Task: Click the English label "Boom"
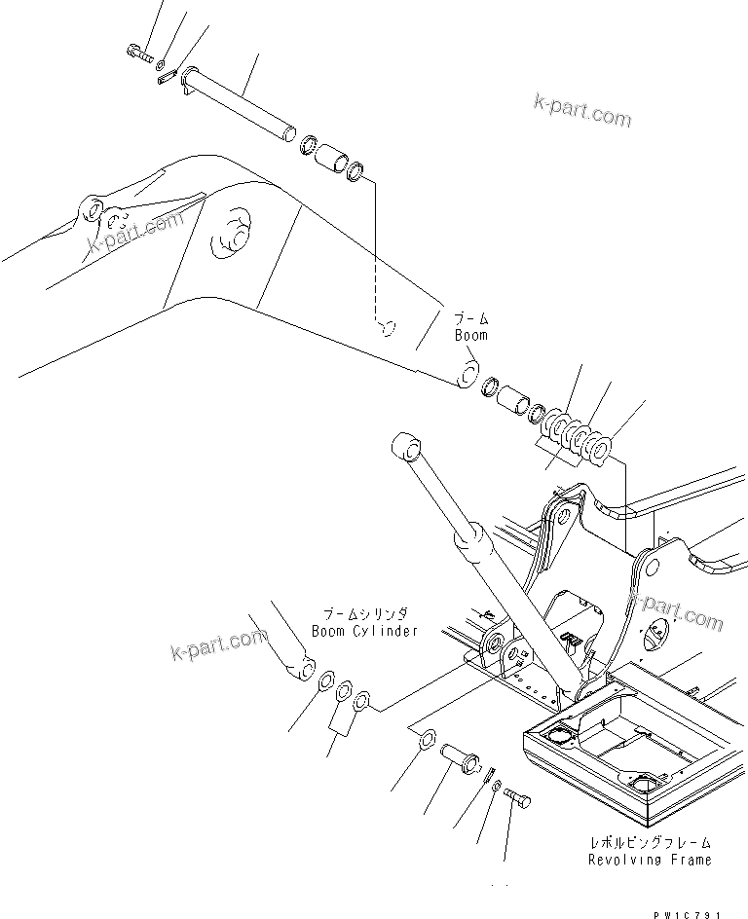click(x=470, y=335)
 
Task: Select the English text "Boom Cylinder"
click(x=364, y=631)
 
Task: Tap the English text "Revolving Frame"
click(x=649, y=860)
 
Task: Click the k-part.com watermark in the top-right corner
click(x=582, y=110)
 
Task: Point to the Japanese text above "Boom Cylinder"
click(x=365, y=614)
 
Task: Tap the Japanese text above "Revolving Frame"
click(x=651, y=842)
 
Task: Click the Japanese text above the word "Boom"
click(x=470, y=318)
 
